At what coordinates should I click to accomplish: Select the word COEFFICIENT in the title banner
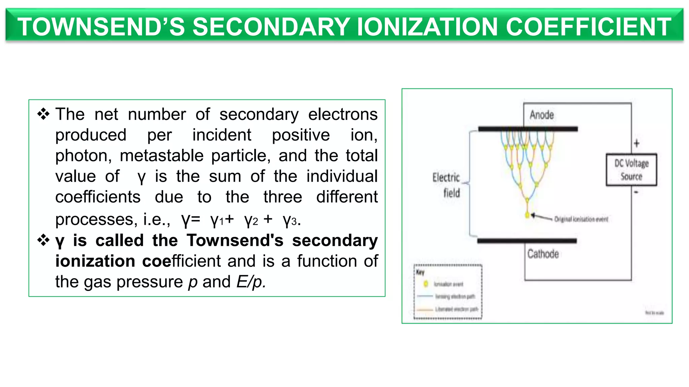click(588, 27)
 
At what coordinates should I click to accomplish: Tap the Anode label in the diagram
click(542, 115)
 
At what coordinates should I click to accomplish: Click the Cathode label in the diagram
click(543, 254)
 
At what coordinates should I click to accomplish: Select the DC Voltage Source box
click(631, 170)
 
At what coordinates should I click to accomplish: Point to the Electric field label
click(446, 185)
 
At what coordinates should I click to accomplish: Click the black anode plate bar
click(528, 129)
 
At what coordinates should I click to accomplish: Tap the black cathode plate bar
click(527, 241)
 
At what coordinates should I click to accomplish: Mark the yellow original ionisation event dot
click(528, 215)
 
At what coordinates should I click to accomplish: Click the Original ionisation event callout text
click(581, 219)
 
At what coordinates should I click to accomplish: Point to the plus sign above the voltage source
click(637, 143)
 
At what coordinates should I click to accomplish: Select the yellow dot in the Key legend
click(426, 284)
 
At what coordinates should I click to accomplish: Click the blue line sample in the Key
click(425, 296)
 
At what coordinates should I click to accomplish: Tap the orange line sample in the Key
click(425, 309)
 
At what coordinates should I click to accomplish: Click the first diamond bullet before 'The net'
click(43, 114)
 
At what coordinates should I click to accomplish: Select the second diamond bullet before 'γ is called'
click(43, 241)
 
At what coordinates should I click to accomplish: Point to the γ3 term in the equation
click(290, 220)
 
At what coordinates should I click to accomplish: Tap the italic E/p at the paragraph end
click(251, 282)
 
